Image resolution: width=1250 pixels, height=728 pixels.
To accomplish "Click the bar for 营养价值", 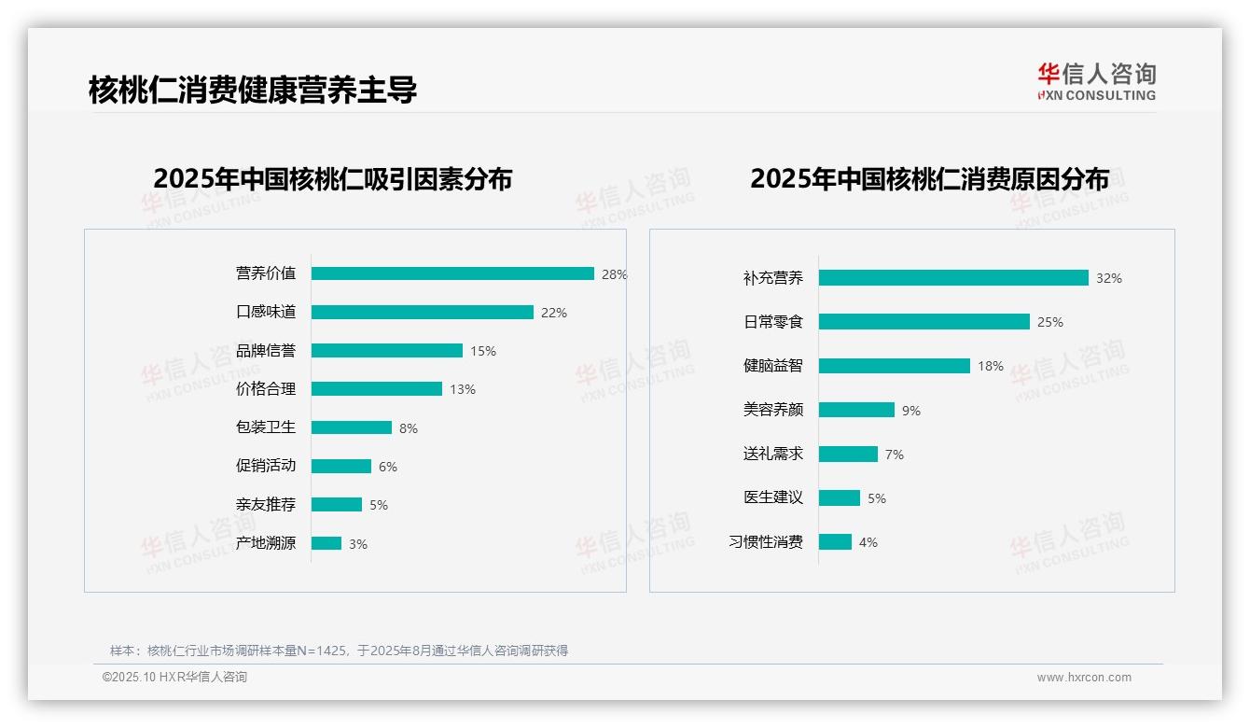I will [x=452, y=273].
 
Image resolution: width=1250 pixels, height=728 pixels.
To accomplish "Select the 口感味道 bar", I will [x=422, y=312].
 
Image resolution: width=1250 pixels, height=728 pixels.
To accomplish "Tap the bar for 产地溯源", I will [x=326, y=543].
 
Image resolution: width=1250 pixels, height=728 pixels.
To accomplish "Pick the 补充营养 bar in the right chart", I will [x=953, y=278].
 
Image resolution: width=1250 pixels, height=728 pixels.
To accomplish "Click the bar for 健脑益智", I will [x=894, y=366].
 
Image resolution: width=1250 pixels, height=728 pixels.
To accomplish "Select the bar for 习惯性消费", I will [x=835, y=542].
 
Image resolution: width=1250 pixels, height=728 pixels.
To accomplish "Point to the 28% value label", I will [x=614, y=274].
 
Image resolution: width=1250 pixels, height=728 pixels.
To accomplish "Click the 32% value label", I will [x=1109, y=278].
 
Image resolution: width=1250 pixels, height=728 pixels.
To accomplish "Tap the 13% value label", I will [x=463, y=389].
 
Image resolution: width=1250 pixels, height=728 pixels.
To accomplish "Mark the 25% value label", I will [x=1050, y=322].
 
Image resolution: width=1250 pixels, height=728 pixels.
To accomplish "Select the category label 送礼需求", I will [x=773, y=454].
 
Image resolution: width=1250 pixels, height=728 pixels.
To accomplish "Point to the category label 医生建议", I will [x=773, y=497].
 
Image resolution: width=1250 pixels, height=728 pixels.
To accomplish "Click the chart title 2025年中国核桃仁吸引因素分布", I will [x=333, y=178].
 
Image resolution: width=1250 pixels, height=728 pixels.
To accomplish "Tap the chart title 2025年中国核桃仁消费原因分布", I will [x=929, y=178].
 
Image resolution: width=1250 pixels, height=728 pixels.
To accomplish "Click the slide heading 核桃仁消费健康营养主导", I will [x=253, y=90].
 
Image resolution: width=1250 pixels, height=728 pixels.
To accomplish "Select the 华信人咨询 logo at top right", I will [x=1096, y=81].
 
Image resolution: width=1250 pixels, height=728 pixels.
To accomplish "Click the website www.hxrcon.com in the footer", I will [x=1084, y=678].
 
